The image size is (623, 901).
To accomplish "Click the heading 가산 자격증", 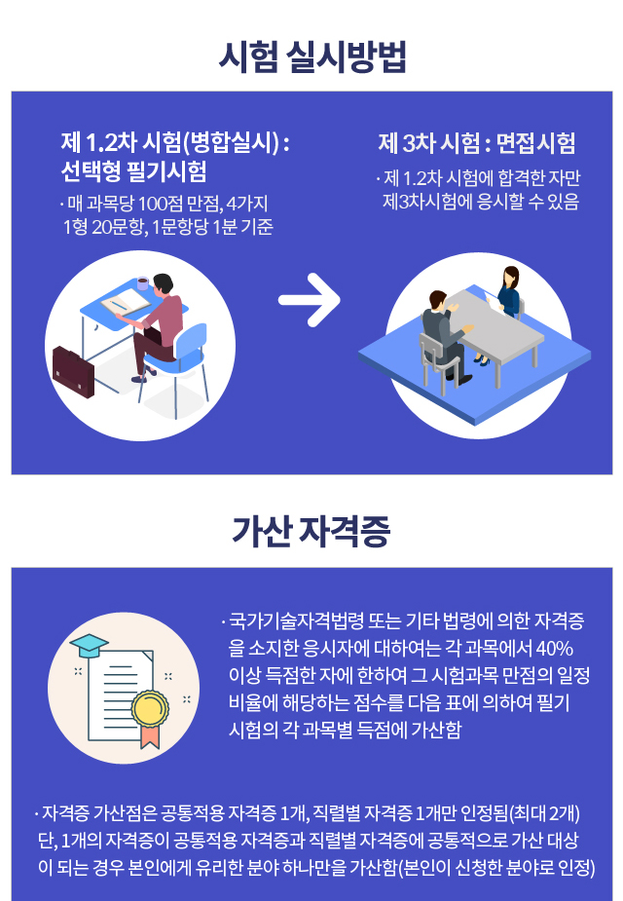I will (311, 533).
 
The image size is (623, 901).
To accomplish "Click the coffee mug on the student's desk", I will (143, 283).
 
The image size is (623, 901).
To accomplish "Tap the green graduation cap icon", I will (89, 645).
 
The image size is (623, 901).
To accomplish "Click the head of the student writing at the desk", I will (165, 283).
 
